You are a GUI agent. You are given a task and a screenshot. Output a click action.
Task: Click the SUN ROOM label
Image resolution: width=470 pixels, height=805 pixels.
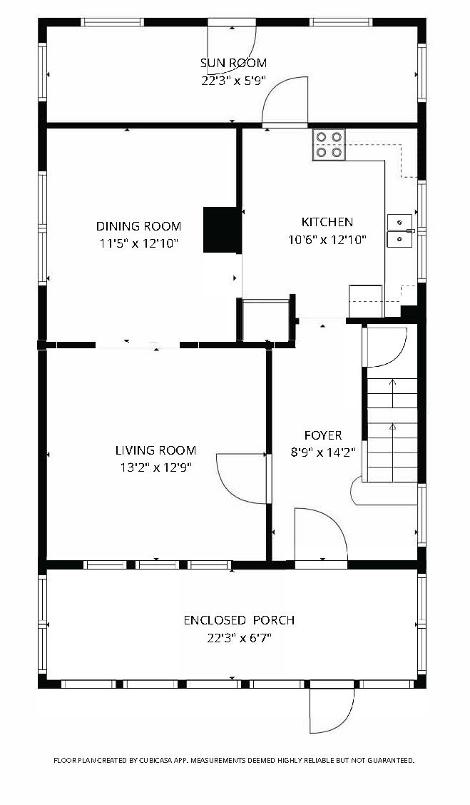pyautogui.click(x=233, y=63)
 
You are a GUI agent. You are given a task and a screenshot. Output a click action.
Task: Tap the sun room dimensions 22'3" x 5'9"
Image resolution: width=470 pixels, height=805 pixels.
pyautogui.click(x=233, y=81)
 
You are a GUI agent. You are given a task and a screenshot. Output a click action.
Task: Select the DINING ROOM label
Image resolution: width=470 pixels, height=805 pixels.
pyautogui.click(x=138, y=226)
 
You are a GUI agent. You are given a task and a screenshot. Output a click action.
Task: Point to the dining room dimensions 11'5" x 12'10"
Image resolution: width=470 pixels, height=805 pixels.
pyautogui.click(x=138, y=243)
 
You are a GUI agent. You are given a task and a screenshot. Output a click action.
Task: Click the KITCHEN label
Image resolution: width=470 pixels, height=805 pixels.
pyautogui.click(x=327, y=222)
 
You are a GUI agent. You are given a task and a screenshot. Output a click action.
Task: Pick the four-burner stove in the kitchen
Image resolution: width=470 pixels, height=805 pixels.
pyautogui.click(x=328, y=144)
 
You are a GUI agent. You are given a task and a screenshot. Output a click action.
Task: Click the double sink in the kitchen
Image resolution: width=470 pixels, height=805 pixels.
pyautogui.click(x=400, y=231)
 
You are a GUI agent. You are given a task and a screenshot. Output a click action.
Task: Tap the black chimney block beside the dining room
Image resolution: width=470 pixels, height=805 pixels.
pyautogui.click(x=220, y=230)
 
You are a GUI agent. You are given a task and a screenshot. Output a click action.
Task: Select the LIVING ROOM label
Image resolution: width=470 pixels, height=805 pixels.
pyautogui.click(x=155, y=450)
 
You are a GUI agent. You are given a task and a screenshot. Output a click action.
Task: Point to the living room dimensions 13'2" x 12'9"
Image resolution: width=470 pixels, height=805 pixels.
pyautogui.click(x=155, y=467)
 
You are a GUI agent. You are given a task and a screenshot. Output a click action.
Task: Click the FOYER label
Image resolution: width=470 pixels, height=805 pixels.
pyautogui.click(x=322, y=435)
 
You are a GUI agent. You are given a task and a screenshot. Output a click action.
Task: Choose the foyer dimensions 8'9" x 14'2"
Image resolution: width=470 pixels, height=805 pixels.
pyautogui.click(x=322, y=451)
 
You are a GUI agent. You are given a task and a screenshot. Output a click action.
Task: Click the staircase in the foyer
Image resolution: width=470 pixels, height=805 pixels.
pyautogui.click(x=392, y=430)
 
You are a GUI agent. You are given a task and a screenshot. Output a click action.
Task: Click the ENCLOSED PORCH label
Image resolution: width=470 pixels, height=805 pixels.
pyautogui.click(x=239, y=620)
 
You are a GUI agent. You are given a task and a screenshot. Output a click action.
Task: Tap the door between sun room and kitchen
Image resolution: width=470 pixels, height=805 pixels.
pyautogui.click(x=284, y=101)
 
